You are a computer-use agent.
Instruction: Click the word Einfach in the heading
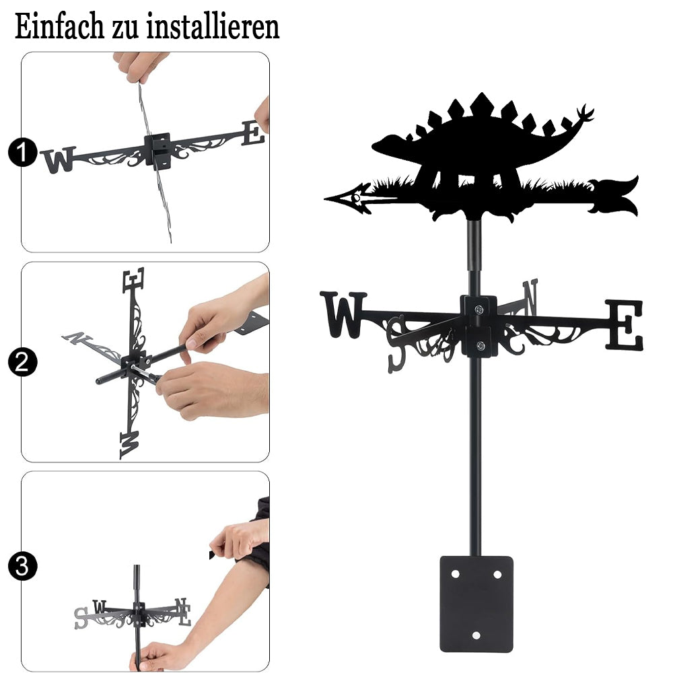[x=60, y=26]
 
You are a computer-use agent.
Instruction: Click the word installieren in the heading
[x=213, y=26]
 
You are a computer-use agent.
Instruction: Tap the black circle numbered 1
[x=23, y=152]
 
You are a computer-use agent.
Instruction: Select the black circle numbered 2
[x=23, y=362]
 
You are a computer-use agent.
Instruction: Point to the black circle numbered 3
[x=23, y=566]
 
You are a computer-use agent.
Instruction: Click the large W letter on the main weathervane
[x=343, y=314]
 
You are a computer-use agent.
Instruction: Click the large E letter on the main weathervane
[x=625, y=324]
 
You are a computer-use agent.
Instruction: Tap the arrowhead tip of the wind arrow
[x=325, y=199]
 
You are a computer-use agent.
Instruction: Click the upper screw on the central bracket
[x=479, y=309]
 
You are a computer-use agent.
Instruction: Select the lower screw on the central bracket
[x=481, y=345]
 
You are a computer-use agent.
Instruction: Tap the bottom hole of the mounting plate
[x=476, y=635]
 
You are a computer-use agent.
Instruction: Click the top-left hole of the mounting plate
[x=456, y=574]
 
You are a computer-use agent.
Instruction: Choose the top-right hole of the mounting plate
[x=497, y=574]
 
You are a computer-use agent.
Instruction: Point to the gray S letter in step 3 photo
[x=81, y=618]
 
